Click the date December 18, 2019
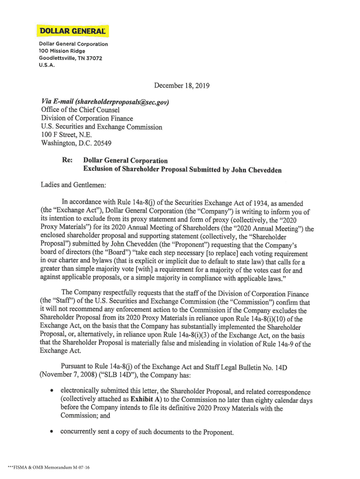[182, 86]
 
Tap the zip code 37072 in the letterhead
[93, 58]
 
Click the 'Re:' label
[67, 160]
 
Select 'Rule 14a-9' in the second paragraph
[282, 344]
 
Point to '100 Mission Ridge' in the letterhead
[62, 51]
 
